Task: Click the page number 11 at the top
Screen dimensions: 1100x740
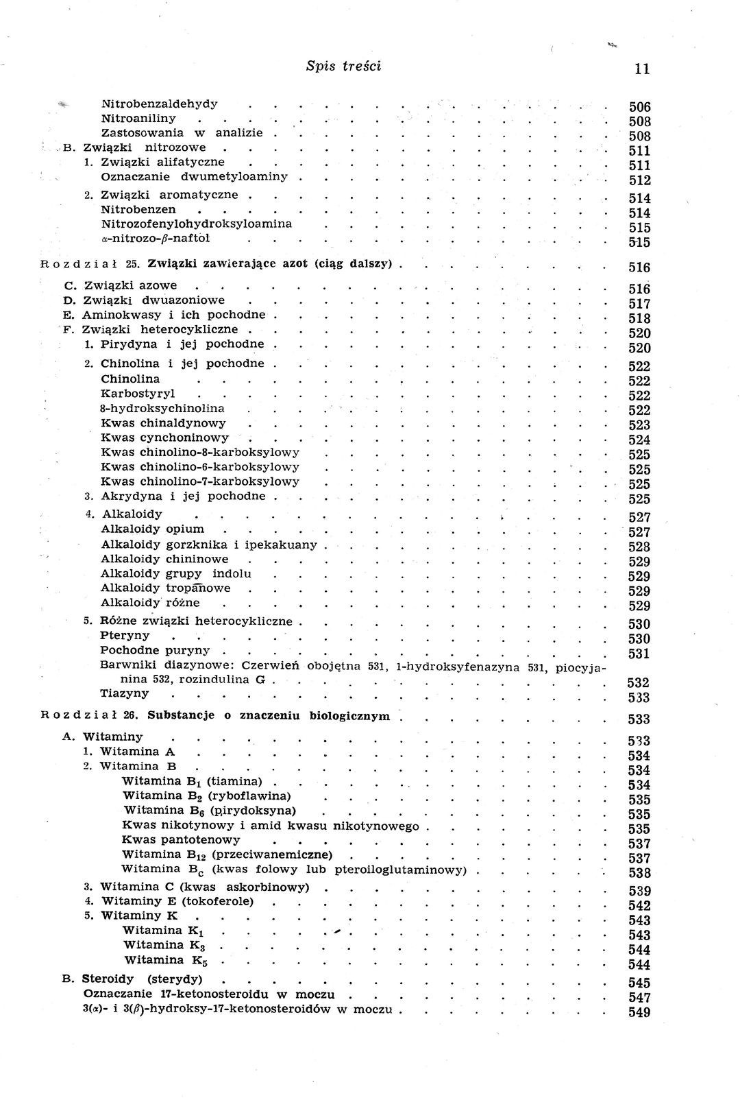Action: pos(642,69)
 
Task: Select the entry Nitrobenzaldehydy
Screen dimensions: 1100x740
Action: pos(159,104)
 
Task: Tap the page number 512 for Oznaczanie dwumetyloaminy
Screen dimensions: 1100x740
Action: pos(639,180)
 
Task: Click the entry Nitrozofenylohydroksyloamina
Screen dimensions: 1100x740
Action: pos(196,224)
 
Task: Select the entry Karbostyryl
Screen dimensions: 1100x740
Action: pos(138,394)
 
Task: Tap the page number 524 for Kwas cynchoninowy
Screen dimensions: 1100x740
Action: pos(639,440)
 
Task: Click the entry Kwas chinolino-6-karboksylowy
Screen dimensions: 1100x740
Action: pos(200,467)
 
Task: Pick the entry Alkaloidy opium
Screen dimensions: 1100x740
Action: pos(152,529)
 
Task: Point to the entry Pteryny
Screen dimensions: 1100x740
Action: pos(125,636)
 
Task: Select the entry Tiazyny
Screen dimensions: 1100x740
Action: pos(125,693)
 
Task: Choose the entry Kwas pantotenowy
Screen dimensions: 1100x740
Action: pos(181,840)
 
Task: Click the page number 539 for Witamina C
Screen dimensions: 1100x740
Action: pos(639,891)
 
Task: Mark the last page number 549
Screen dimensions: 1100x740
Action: pos(639,1012)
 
